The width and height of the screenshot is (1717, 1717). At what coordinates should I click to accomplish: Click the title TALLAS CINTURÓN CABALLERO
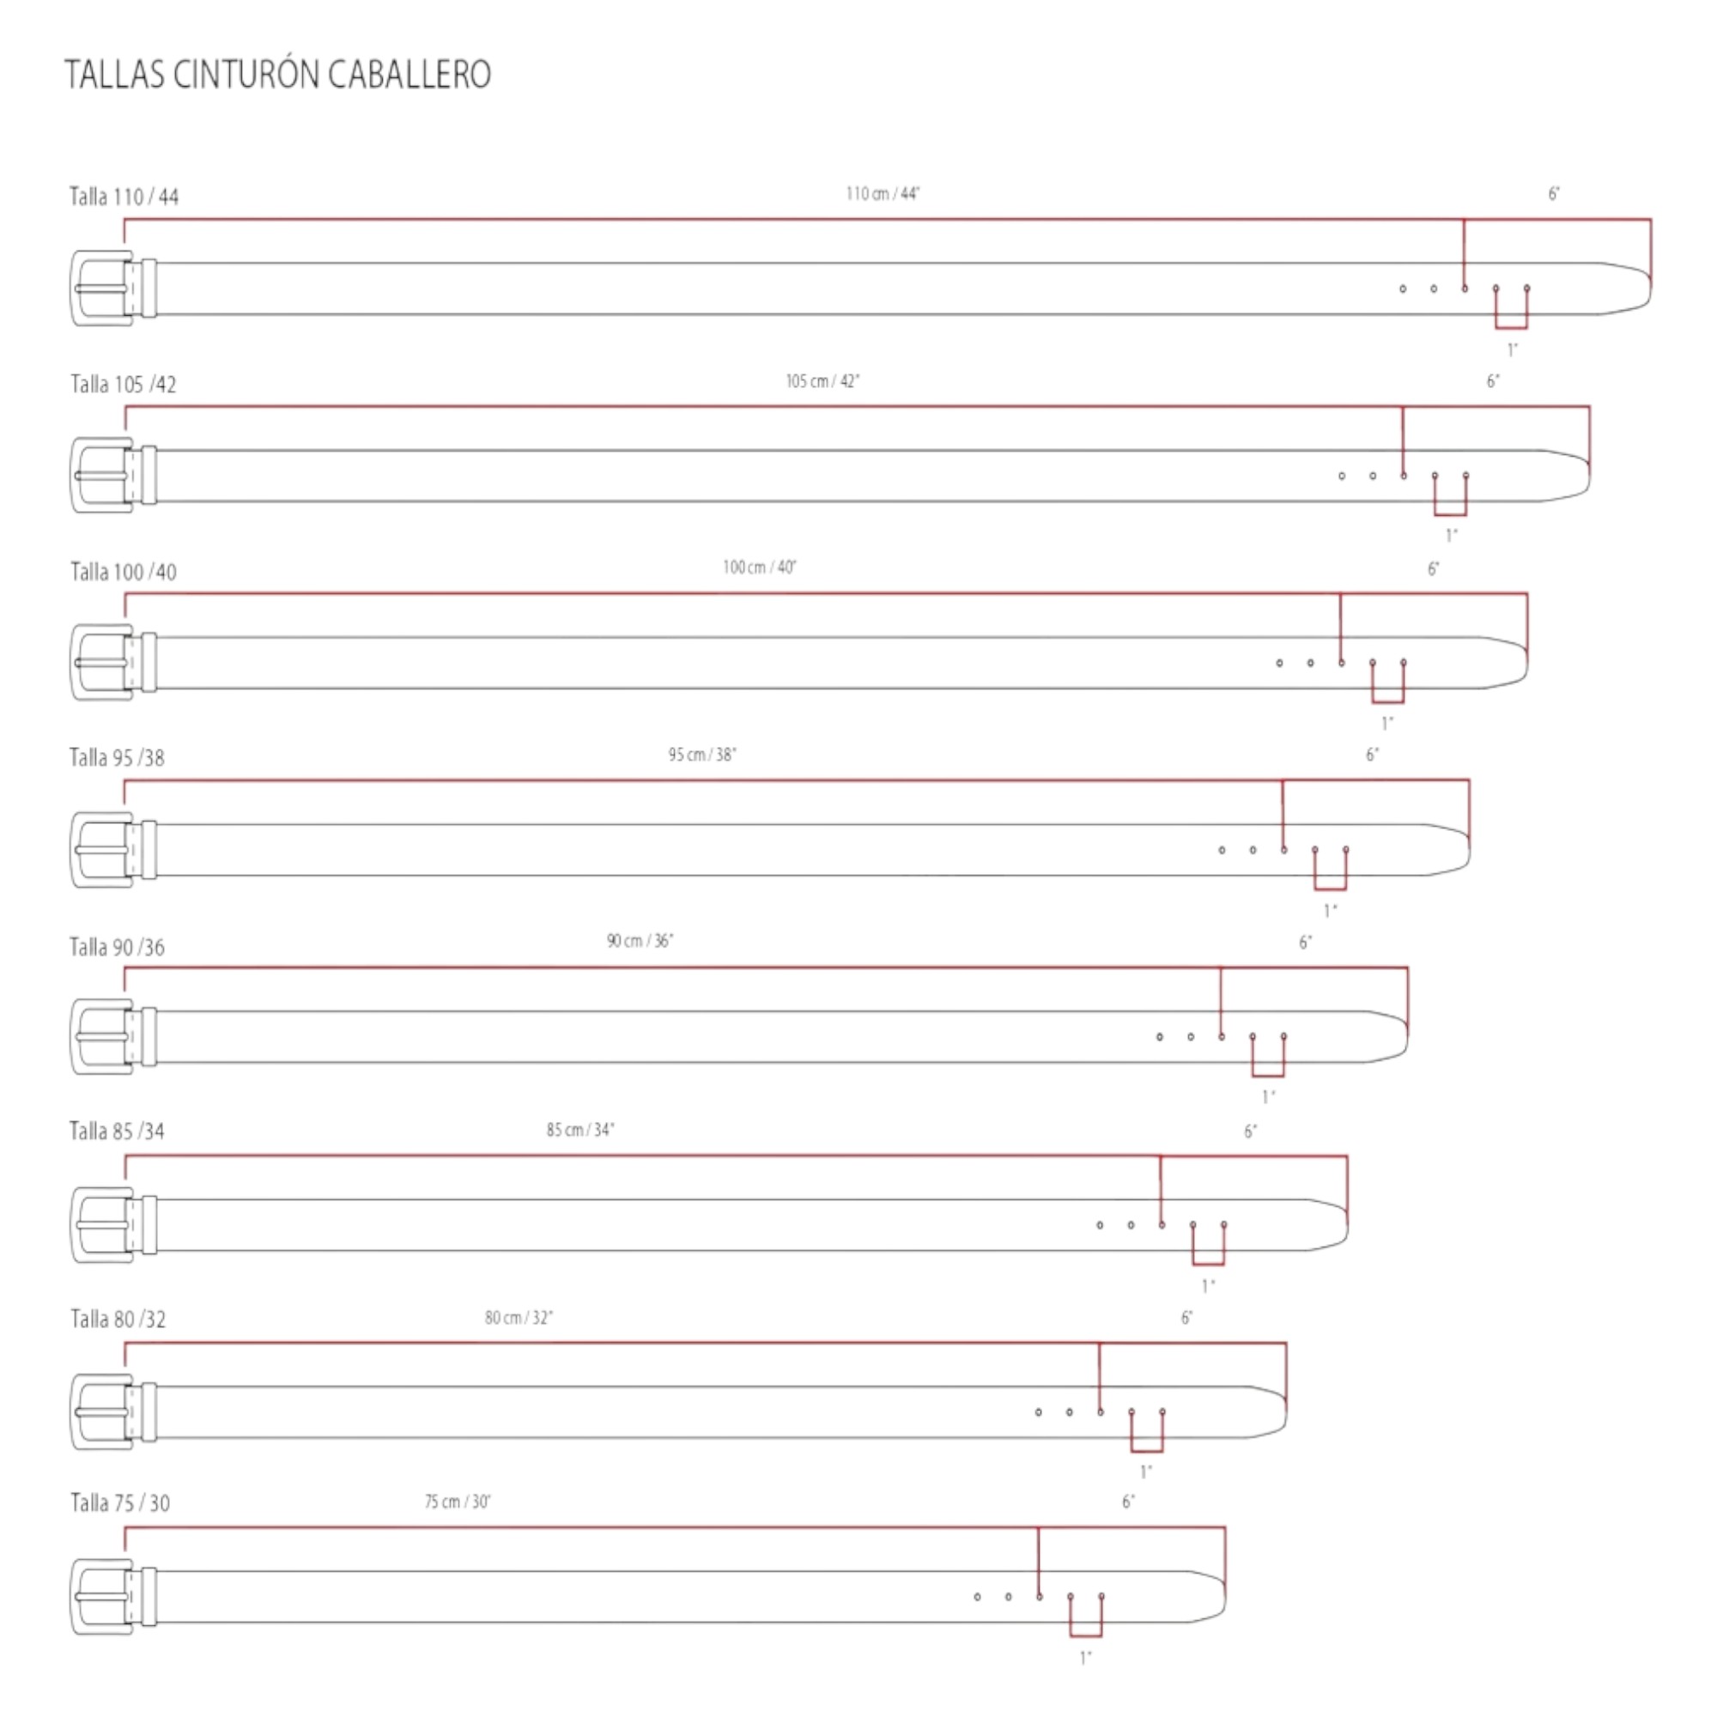[277, 75]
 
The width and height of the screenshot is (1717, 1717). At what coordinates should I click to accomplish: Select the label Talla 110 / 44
[124, 197]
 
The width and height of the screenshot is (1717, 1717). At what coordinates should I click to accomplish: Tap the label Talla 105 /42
[124, 384]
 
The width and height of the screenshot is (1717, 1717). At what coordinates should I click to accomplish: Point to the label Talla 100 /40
[124, 572]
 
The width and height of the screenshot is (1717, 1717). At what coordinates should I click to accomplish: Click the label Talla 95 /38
[118, 757]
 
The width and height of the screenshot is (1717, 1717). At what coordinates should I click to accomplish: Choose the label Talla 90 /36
[118, 946]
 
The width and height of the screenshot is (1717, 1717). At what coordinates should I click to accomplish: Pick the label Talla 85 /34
[118, 1131]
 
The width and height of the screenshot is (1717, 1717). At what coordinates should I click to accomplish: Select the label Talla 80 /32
[118, 1318]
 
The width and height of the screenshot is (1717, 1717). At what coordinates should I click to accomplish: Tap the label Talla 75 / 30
[120, 1503]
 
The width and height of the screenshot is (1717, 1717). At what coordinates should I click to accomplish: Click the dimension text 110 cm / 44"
[883, 194]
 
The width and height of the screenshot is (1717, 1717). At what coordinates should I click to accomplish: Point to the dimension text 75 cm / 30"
[458, 1502]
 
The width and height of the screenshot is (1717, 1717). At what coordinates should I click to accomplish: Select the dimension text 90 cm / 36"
[640, 940]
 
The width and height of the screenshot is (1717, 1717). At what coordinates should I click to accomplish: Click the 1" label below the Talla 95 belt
[1331, 910]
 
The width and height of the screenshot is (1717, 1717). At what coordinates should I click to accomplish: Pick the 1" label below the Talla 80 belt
[1146, 1471]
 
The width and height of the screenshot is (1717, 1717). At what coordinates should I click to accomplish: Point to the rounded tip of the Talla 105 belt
[1589, 476]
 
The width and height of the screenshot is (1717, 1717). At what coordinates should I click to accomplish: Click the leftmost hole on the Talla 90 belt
[1160, 1037]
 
